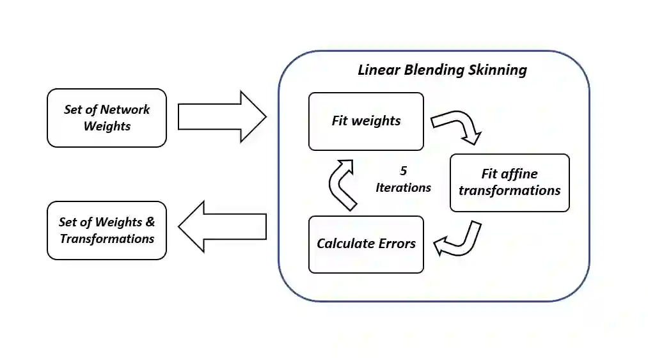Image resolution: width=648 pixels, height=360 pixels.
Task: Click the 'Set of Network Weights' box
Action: pos(107,118)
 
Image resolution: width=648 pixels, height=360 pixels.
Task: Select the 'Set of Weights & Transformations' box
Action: pos(107,230)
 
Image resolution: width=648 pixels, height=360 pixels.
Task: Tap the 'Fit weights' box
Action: pos(366,121)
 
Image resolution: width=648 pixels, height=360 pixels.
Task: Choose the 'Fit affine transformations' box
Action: pos(509,182)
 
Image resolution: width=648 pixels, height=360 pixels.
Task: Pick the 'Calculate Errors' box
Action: pos(366,244)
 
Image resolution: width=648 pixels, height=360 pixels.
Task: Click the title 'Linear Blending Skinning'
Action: pos(442,70)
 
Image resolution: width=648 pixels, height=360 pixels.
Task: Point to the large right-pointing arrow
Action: pos(221,116)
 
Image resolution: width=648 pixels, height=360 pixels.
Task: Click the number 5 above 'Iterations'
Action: pos(403,171)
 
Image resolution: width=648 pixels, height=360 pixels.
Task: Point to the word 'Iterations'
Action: pos(403,187)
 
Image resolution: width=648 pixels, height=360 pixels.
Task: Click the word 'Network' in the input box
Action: pos(125,109)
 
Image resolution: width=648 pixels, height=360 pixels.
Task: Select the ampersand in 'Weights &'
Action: pos(150,222)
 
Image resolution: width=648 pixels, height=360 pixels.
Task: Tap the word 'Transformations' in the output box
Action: pos(107,239)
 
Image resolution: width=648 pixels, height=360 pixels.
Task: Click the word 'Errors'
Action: pos(397,244)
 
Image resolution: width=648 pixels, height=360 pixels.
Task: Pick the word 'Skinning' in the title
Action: pos(498,70)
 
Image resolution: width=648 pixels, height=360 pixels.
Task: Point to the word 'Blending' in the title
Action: pos(434,70)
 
